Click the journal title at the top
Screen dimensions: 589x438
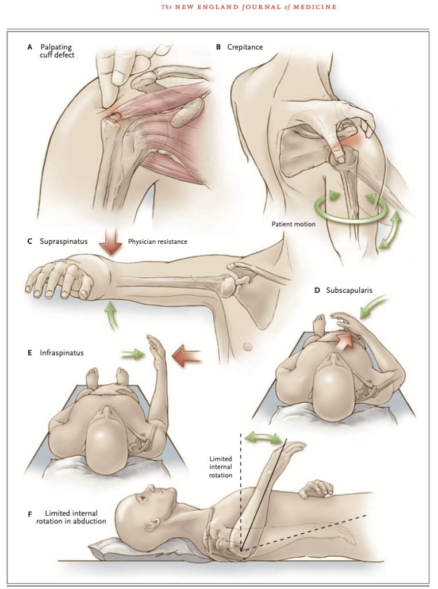[249, 7]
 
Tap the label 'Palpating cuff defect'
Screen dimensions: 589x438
[57, 51]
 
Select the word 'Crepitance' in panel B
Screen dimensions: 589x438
[245, 47]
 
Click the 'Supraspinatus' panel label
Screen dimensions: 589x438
[63, 242]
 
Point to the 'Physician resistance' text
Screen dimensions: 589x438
[157, 242]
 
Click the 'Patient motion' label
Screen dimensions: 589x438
[293, 224]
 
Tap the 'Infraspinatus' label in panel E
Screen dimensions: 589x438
[62, 353]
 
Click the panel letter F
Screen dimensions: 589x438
[30, 514]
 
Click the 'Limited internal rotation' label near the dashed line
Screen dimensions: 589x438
[221, 467]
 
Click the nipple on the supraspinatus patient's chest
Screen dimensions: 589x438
[248, 346]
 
